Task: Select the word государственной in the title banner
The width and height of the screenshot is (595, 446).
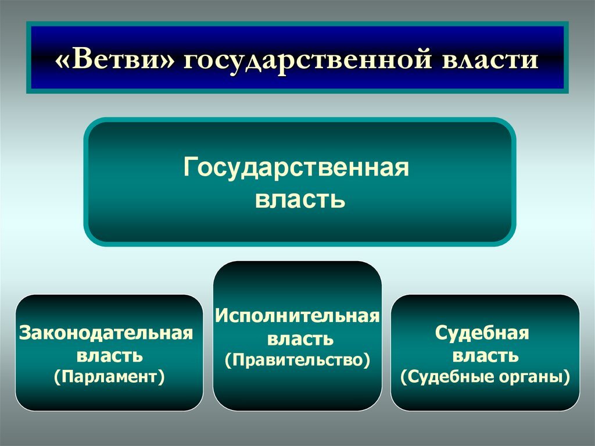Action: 308,61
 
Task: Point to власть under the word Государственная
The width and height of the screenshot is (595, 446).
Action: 300,199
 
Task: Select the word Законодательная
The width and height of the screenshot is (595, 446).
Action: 106,333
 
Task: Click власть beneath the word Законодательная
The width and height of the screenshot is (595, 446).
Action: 110,356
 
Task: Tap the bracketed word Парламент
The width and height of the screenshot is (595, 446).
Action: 109,377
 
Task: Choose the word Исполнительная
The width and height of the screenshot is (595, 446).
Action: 297,316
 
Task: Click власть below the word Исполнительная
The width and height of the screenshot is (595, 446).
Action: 300,338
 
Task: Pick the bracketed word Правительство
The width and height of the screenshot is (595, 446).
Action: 297,360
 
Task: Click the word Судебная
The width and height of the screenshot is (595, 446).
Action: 482,333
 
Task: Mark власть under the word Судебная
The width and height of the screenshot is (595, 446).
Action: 485,356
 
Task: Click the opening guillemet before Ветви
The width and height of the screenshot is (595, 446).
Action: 62,61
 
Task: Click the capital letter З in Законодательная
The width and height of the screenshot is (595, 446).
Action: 25,333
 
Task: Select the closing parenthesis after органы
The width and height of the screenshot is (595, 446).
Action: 567,377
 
